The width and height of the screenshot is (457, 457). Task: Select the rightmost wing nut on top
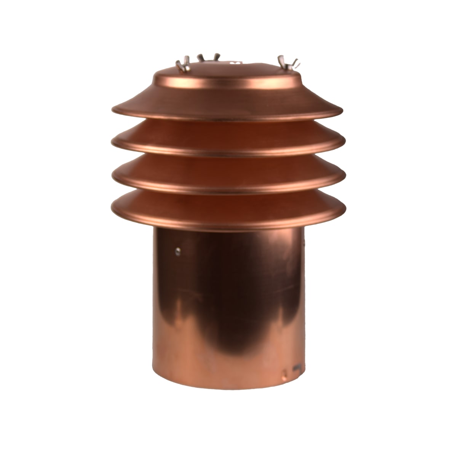point(287,62)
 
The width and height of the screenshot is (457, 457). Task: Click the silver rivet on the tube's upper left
point(177,250)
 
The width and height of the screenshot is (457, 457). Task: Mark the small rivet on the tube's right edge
point(304,241)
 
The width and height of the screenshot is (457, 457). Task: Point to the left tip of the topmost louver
point(112,110)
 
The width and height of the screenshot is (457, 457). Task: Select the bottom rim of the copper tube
point(228,396)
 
